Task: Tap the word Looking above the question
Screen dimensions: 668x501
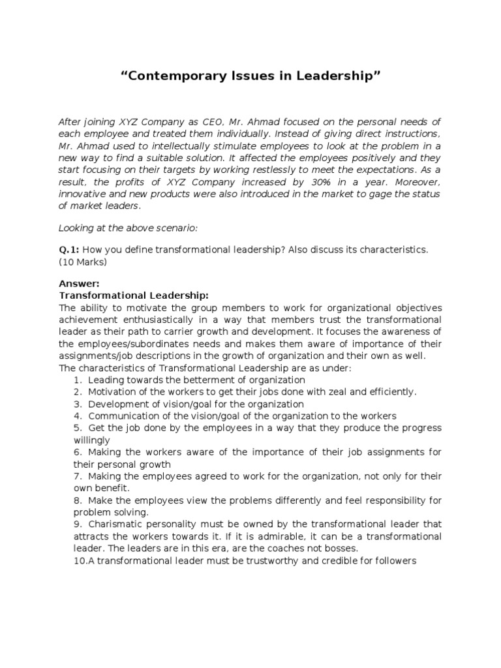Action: tap(78, 228)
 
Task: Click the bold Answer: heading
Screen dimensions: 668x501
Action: tap(79, 284)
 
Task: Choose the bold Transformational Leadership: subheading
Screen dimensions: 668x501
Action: tap(134, 296)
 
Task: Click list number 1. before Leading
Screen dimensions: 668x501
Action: tap(77, 379)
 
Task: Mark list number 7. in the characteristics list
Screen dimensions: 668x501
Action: tap(77, 476)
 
